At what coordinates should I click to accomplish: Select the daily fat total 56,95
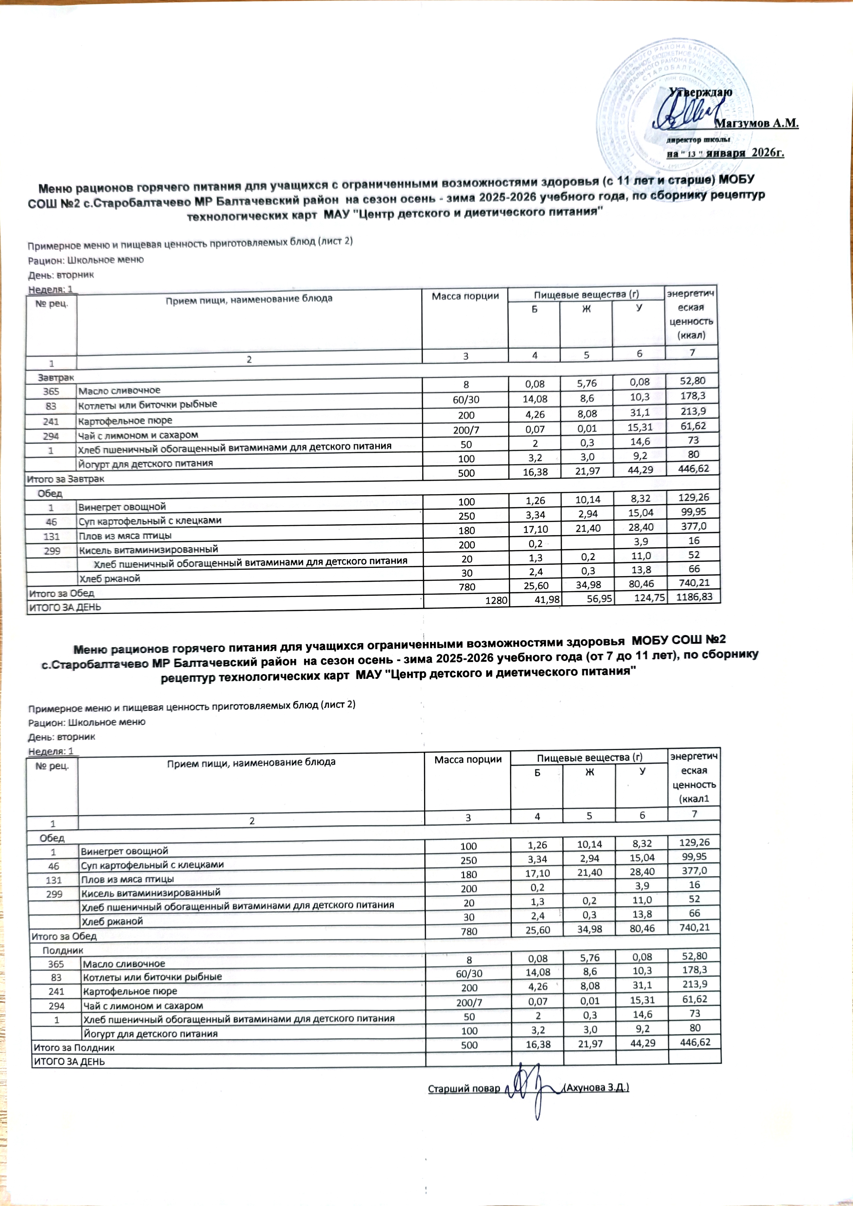pos(599,599)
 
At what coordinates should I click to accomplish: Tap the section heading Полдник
pos(63,950)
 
